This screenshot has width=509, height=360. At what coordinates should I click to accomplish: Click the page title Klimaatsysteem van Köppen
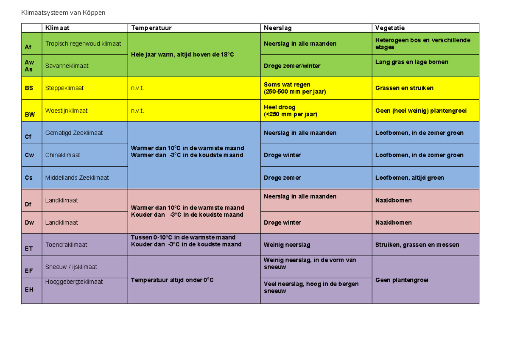coord(64,13)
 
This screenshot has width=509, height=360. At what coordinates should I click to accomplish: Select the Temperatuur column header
coord(151,28)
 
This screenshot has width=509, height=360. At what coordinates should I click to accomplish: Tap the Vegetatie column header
coord(390,28)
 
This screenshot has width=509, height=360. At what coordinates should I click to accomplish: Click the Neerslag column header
coord(277,28)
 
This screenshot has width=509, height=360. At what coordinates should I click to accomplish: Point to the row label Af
coord(28,47)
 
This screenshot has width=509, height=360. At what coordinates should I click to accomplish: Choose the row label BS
coord(29,88)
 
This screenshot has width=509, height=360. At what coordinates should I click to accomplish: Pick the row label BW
coord(30,114)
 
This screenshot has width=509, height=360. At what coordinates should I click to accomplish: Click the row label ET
coord(29,248)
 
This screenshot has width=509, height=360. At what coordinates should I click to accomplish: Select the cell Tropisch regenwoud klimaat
coord(83,44)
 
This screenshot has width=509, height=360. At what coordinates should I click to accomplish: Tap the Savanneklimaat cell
coord(67,66)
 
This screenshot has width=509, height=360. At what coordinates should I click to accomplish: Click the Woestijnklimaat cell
coord(67,111)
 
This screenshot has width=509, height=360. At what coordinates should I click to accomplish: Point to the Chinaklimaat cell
coord(63,155)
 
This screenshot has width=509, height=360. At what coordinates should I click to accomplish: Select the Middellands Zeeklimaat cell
coord(77,178)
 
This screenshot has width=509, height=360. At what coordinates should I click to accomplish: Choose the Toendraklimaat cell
coord(66,245)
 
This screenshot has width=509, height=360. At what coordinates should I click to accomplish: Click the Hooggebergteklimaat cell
coord(74,282)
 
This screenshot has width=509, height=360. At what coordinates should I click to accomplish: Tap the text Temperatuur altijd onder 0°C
coord(172,280)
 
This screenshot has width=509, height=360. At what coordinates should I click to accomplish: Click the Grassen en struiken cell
coord(404,88)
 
